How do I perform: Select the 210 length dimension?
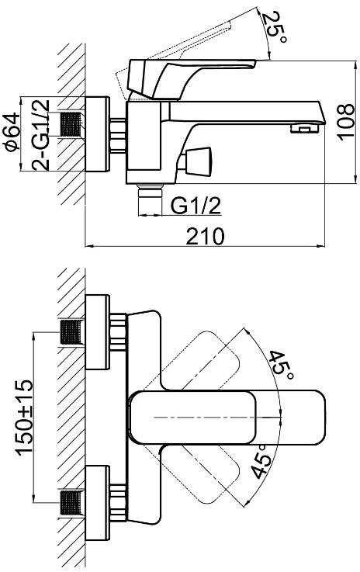[204, 237]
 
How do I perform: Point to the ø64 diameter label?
[12, 132]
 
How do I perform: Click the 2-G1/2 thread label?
[40, 134]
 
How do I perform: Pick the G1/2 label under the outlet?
[196, 206]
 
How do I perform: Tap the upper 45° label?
[281, 365]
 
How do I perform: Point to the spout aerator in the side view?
[304, 128]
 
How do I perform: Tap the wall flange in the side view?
[97, 133]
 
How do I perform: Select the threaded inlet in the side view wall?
[71, 124]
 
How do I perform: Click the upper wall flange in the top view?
[97, 332]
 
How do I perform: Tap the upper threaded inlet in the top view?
[71, 332]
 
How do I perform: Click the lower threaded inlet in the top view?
[71, 503]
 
